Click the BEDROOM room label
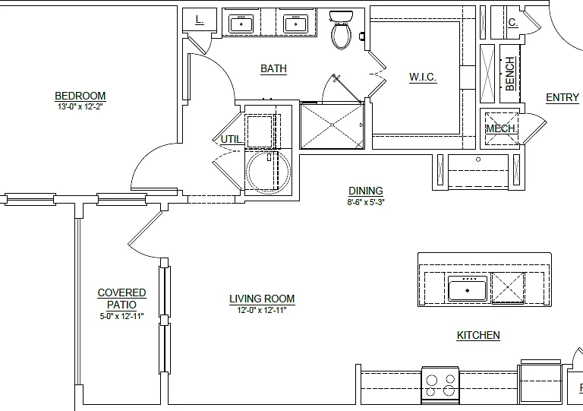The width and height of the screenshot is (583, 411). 80,96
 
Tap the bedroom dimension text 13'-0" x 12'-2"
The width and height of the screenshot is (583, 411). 80,106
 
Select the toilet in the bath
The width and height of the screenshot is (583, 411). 341,30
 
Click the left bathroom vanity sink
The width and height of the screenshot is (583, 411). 241,24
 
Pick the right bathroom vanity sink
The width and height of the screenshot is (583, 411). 295,24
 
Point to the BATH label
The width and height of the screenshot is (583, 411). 273,69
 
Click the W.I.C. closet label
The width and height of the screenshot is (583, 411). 423,77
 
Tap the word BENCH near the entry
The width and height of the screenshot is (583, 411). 510,74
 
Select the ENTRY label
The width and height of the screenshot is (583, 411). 563,97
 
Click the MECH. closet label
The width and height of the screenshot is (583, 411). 502,128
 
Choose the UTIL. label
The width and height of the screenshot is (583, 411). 231,139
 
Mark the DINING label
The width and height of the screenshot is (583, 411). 366,191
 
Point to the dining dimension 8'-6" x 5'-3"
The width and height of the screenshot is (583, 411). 366,202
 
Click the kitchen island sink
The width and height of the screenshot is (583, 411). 468,289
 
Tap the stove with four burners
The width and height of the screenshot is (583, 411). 440,385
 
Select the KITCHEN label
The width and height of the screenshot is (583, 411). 478,335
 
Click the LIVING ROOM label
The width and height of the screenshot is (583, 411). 262,299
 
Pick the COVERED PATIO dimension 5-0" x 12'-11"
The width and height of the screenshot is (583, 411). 121,316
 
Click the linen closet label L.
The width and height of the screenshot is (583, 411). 200,20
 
